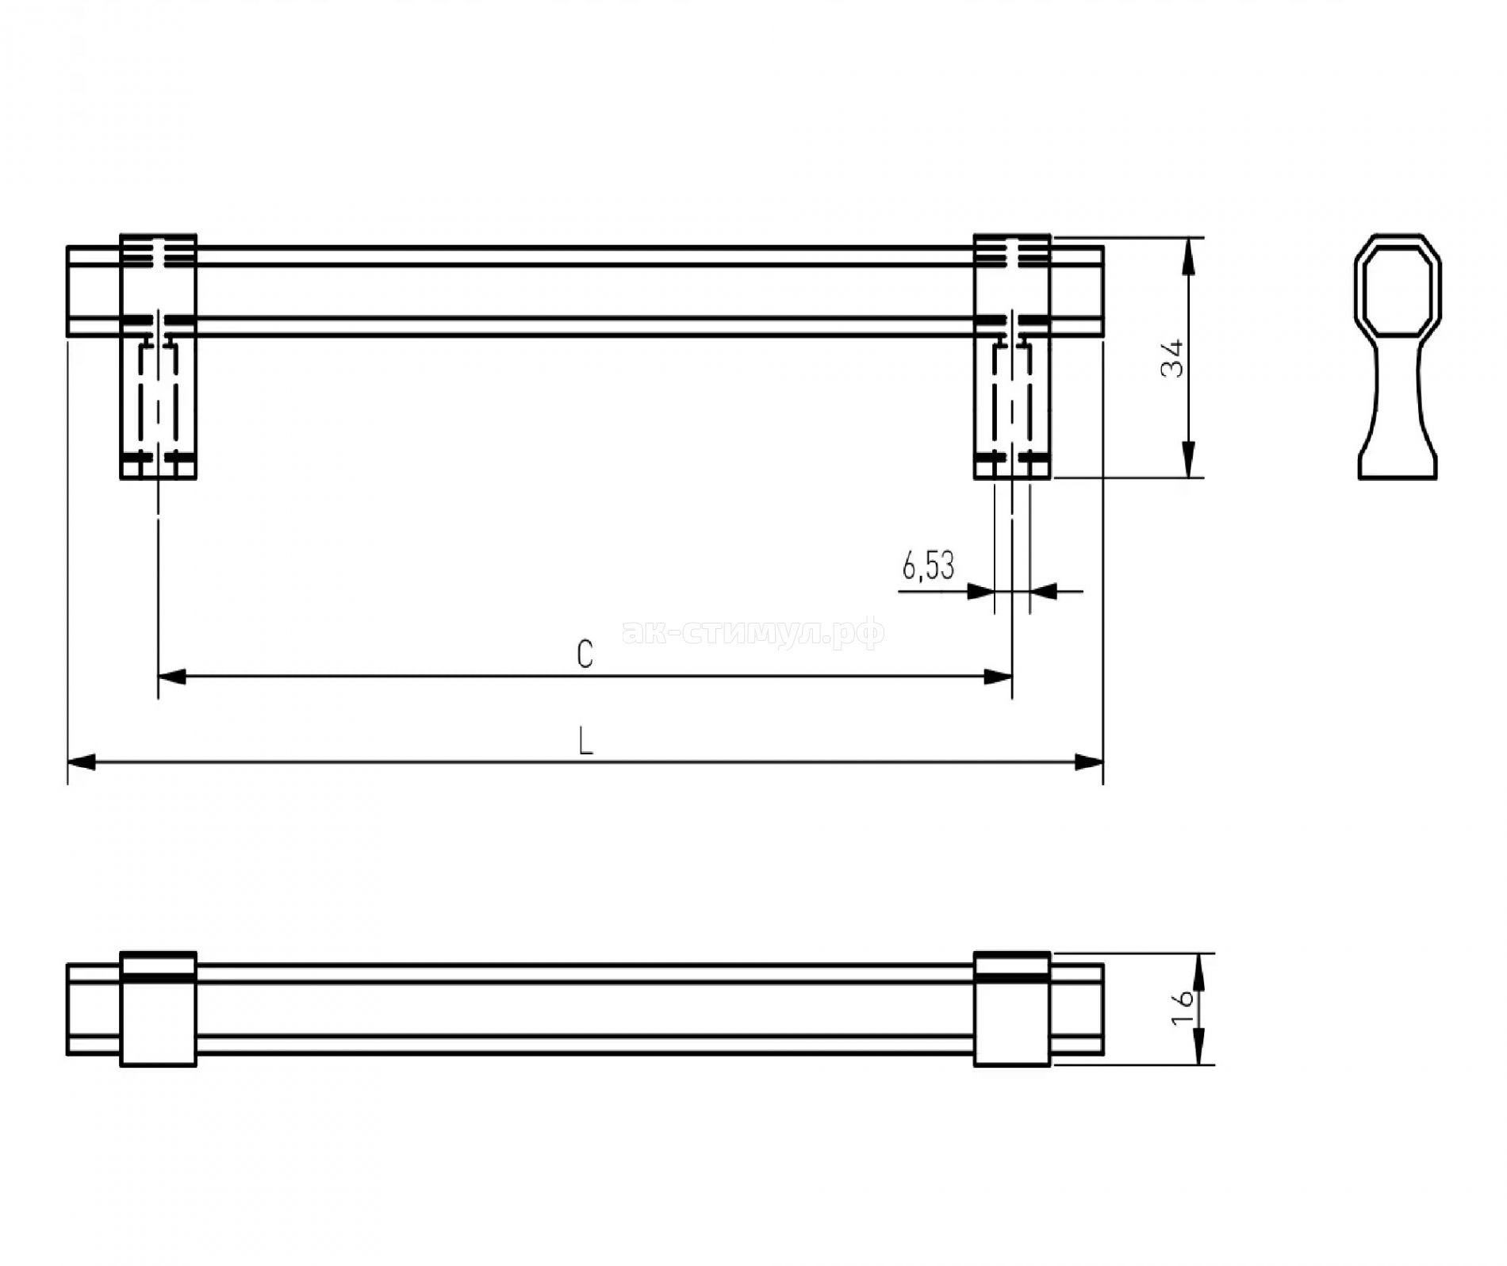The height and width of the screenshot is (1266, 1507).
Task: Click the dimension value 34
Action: pos(1172,359)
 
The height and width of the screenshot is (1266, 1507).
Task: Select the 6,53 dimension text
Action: pos(928,566)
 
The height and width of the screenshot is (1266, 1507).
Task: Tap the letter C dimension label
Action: pos(585,654)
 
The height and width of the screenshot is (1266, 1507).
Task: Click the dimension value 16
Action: pos(1183,1008)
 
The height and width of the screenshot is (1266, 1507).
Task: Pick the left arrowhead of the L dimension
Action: pos(82,762)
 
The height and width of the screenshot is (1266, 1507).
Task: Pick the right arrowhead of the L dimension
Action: pos(1089,762)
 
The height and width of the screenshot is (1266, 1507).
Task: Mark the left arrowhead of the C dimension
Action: pos(172,677)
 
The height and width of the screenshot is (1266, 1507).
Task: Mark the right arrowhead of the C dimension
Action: pos(998,677)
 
